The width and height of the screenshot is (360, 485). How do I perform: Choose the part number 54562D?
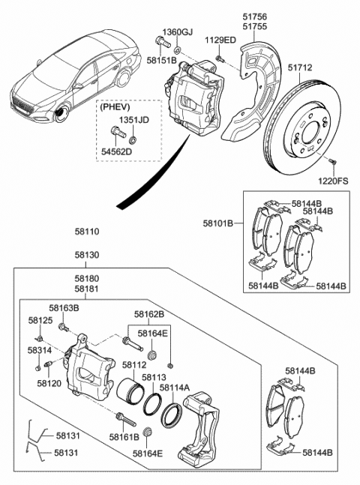(x=117, y=152)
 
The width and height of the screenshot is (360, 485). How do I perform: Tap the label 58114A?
(x=175, y=388)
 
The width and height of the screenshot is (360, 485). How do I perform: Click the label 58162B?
(x=148, y=315)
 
